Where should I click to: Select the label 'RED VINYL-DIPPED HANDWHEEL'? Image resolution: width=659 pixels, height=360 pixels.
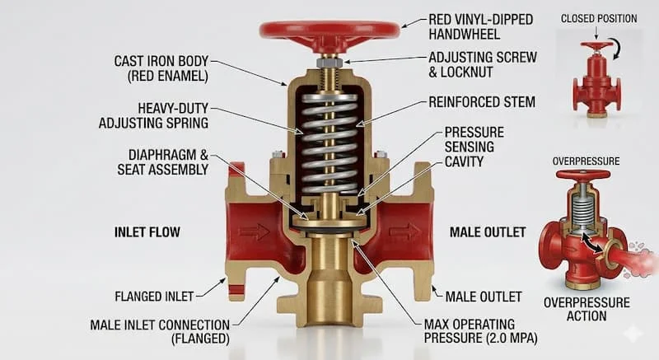[481, 26]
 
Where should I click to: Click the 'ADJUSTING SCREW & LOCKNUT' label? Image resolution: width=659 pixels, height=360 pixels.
[483, 64]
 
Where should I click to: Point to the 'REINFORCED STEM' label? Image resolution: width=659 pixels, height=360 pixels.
[482, 102]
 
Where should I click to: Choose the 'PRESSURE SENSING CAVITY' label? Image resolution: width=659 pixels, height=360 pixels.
[474, 147]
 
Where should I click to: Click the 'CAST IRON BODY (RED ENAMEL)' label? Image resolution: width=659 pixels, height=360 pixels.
[161, 68]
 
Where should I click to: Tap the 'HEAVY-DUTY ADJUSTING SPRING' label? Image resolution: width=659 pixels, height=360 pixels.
[154, 115]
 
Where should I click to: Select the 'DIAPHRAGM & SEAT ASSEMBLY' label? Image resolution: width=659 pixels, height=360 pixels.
[163, 162]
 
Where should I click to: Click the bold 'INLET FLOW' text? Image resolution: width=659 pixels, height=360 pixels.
[147, 232]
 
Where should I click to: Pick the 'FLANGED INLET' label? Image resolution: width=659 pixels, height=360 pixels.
[154, 297]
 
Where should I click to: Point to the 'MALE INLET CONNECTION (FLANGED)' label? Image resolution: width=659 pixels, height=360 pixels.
[160, 332]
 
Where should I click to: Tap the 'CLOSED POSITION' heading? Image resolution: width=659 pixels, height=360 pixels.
[599, 19]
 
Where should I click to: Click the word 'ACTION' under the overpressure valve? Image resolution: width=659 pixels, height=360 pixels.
[587, 316]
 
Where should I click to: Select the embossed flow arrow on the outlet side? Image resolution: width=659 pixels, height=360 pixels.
[404, 231]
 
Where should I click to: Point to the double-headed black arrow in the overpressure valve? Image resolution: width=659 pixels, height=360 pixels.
[592, 244]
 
